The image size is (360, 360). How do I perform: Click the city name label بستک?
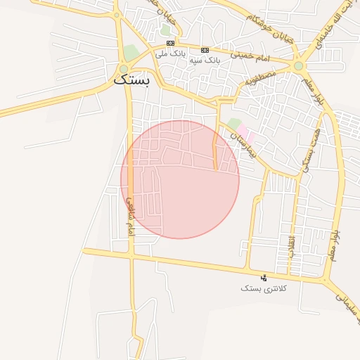pos(131,80)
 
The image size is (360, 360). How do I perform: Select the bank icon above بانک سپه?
pos(205,50)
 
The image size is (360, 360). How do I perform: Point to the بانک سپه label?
pos(205,60)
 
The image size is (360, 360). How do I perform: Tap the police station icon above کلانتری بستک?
pos(264,278)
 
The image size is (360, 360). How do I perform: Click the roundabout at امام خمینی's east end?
pos(300,66)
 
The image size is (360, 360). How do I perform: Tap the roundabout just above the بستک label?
pos(124,69)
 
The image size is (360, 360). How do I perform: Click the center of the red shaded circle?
pos(180,179)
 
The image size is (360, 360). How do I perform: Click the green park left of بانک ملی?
pos(131,52)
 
